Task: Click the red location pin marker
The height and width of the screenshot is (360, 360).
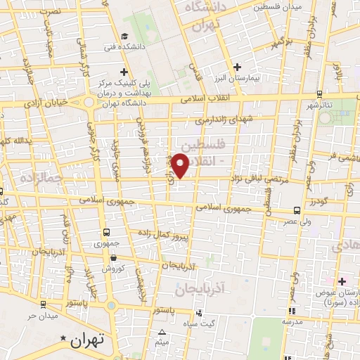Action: point(181,165)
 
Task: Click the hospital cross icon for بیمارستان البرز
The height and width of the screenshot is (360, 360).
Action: point(238,67)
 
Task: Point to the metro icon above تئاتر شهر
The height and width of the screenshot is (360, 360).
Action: point(319,94)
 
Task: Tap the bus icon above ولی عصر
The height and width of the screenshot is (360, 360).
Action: point(297,210)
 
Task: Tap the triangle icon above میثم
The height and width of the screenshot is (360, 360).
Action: point(162,332)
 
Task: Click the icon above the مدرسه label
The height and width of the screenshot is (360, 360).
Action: point(292,310)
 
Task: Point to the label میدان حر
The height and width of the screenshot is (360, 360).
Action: point(40,316)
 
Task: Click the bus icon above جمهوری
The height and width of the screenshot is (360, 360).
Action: point(105,232)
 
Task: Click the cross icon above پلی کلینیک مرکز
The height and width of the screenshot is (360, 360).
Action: point(124,72)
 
